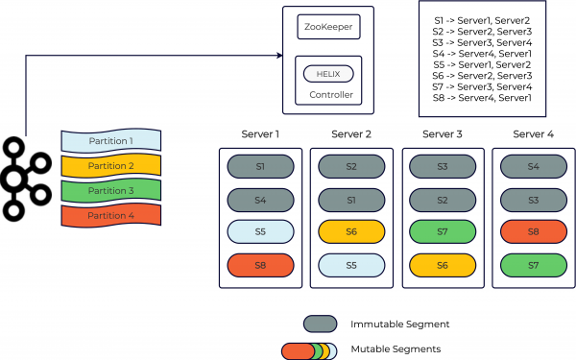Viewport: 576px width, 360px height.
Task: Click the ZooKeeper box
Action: pos(328,26)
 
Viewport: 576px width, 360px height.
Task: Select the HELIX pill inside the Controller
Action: pos(328,74)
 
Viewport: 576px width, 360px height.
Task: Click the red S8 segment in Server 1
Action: pos(259,265)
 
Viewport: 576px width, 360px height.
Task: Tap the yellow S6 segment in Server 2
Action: pos(350,232)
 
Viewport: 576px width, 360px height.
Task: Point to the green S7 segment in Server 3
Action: pos(442,232)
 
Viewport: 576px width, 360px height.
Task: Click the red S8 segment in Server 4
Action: pos(533,232)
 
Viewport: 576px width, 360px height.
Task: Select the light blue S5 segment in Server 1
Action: pos(259,232)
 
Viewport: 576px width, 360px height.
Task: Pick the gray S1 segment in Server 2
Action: pos(350,200)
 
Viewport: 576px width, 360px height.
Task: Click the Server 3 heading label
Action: pos(442,133)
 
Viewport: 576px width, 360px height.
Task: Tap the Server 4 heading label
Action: pos(533,133)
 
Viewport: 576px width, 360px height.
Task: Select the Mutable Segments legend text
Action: pos(396,351)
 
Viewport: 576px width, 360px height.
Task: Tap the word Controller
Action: pos(330,95)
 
